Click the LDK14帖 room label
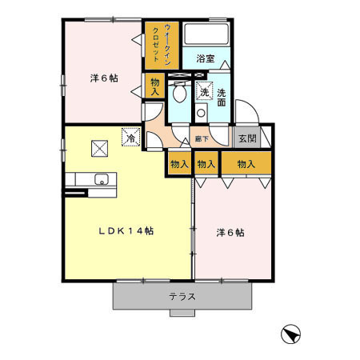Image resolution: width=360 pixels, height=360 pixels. pos(126,230)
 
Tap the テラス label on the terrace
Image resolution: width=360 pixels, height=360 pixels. pos(182,297)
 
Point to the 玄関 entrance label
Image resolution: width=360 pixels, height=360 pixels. pos(246,138)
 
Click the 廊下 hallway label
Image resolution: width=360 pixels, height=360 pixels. pos(202,139)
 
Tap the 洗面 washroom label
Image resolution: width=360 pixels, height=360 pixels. pos(221,98)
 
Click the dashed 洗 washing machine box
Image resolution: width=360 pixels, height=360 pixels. pos(205,92)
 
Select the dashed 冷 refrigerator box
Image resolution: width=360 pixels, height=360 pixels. pos(130,137)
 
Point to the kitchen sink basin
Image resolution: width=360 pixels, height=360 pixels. pos(102,179)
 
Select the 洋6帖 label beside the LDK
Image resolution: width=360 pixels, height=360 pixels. pos(230,233)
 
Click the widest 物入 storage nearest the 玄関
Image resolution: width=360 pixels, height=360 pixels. pos(246,164)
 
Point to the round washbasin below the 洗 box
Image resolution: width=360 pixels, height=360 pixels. pos(200,114)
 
